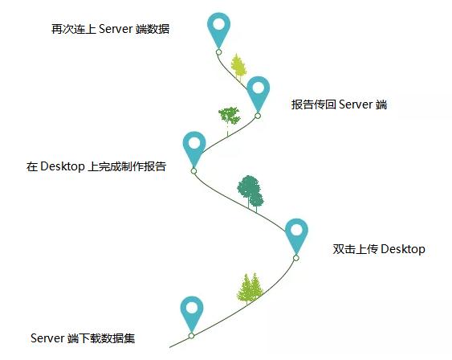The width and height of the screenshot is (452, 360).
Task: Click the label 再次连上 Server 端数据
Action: click(110, 29)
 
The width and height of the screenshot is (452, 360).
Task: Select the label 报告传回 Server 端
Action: click(339, 104)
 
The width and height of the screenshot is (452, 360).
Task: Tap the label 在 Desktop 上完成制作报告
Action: click(96, 166)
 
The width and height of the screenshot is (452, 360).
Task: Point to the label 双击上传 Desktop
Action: click(379, 249)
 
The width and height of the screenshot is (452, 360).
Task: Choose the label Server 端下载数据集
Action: click(83, 338)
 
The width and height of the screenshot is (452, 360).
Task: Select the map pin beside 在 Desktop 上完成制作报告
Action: click(194, 149)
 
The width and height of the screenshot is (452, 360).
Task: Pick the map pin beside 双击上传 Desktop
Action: click(296, 236)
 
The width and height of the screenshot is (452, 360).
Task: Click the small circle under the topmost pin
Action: click(219, 52)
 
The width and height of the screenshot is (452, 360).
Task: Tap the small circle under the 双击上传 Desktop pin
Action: click(296, 258)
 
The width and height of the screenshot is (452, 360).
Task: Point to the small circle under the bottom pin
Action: click(191, 335)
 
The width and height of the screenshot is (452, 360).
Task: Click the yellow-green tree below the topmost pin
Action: click(238, 67)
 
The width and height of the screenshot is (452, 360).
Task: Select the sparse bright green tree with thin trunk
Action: click(229, 118)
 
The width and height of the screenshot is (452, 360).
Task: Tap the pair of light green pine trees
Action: click(250, 288)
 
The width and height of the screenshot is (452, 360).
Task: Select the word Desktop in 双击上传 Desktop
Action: click(403, 249)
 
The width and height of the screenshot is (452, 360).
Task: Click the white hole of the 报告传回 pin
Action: click(259, 88)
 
